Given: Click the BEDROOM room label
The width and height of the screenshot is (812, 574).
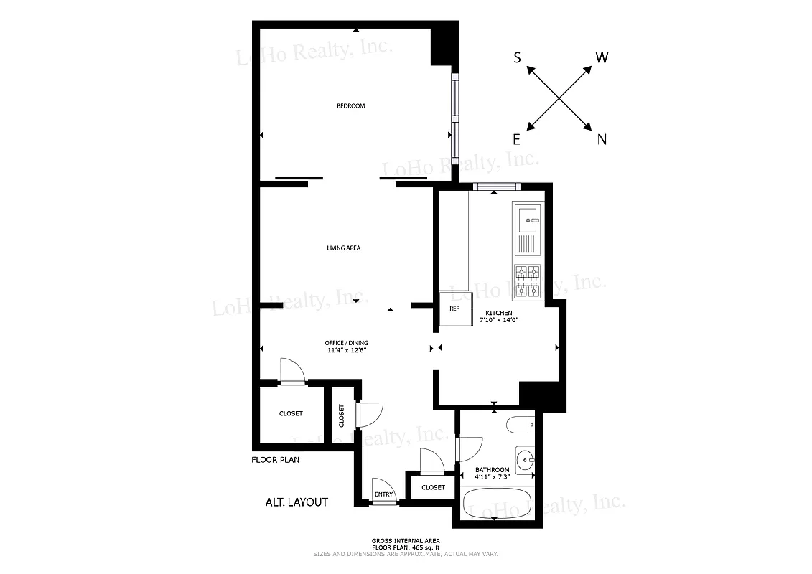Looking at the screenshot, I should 351,106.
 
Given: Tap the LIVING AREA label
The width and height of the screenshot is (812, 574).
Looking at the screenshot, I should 343,248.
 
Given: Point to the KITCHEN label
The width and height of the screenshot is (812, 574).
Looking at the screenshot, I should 499,313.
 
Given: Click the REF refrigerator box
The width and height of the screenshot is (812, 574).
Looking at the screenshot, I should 454,310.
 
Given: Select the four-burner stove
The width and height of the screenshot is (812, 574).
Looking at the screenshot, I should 528,281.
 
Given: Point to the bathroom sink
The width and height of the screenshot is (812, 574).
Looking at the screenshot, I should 525,458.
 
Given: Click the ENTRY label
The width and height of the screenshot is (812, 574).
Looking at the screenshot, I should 383,494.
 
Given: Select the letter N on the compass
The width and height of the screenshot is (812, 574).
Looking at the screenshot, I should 602,140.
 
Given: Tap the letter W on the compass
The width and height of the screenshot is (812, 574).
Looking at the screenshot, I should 602,58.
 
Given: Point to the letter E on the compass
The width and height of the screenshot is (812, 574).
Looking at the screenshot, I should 516,140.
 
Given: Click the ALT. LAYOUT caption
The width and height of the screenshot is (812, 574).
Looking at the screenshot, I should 297,502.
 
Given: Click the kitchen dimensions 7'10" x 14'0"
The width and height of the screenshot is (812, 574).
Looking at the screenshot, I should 499,320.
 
